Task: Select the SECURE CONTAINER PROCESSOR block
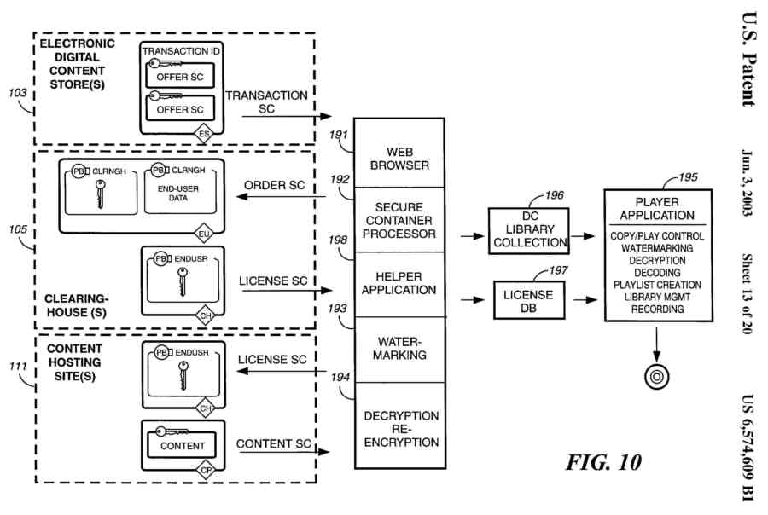tap(399, 219)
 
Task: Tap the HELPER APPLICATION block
tap(399, 283)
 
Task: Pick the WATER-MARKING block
tap(399, 348)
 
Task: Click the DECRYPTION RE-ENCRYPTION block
tap(400, 429)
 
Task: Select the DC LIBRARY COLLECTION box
tap(529, 229)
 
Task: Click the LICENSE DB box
tap(529, 301)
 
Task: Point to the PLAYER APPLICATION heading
tap(656, 209)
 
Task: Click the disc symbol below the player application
tap(656, 375)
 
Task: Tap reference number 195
tap(686, 178)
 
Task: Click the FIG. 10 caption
tap(602, 462)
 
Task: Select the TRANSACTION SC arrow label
tap(265, 102)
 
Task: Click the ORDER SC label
tap(275, 185)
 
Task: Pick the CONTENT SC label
tap(271, 444)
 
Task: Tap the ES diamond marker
tap(205, 134)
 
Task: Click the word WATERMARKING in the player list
tap(656, 248)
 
